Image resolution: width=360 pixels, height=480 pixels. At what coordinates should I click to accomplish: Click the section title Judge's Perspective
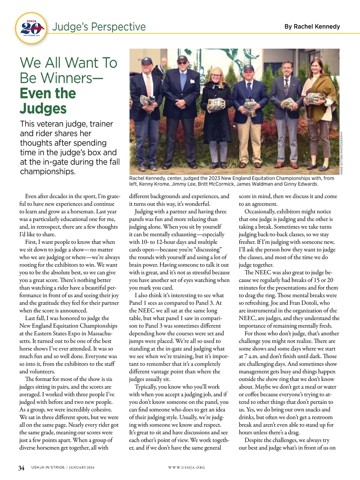pos(99,27)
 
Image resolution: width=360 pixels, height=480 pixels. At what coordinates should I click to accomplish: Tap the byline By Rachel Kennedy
pos(312,26)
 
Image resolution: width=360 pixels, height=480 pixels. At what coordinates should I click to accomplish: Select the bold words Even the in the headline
pos(48,93)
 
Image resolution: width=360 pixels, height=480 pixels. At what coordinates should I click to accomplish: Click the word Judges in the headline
pos(43,109)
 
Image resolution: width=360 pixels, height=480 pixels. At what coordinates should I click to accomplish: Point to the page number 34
pos(21,468)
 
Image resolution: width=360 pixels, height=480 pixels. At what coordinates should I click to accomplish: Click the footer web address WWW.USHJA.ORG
pos(187,467)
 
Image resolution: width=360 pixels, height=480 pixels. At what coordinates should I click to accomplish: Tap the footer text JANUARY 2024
pos(81,467)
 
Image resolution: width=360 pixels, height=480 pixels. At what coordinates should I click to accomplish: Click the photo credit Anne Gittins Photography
pos(342,153)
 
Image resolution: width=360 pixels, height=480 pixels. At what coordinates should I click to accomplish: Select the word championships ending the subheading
pos(48,171)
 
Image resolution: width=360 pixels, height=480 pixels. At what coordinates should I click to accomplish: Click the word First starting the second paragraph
pos(31,242)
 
